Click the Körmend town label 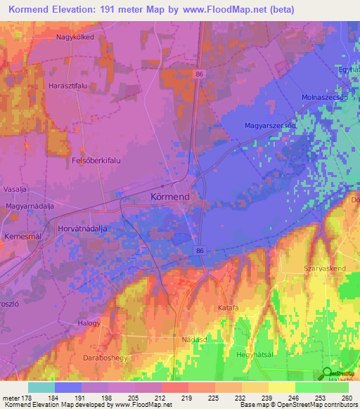[169, 197]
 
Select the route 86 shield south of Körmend [200, 250]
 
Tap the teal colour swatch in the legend [41, 387]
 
